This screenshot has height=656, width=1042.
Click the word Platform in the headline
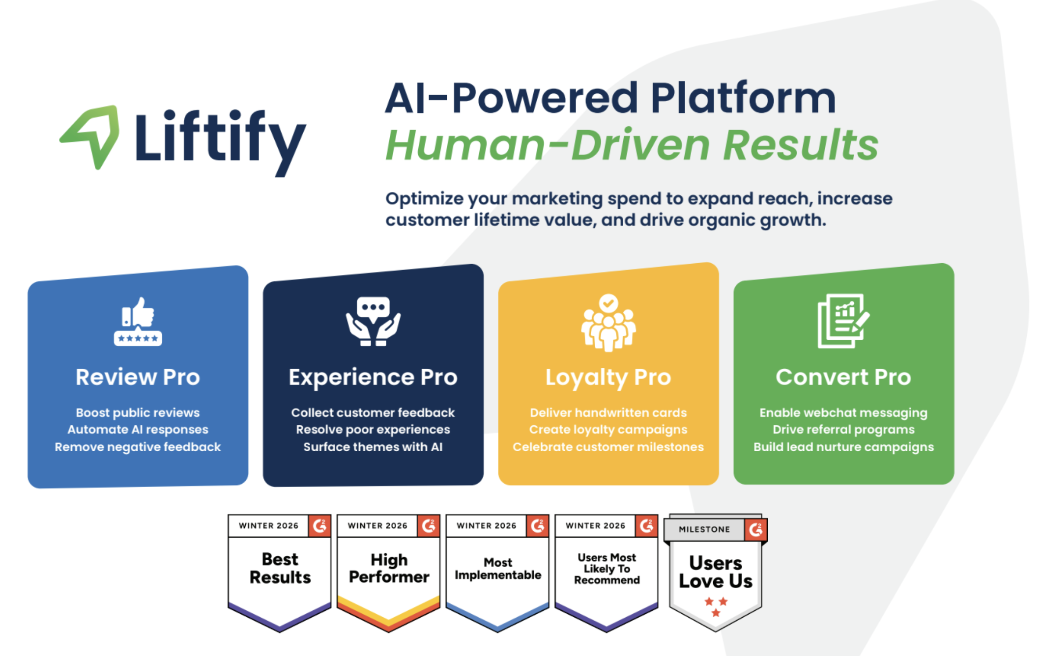pyautogui.click(x=743, y=98)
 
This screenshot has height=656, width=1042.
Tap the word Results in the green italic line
pyautogui.click(x=801, y=145)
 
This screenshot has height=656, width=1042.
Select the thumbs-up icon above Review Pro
pyautogui.click(x=138, y=322)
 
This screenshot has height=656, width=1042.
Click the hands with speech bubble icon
pyautogui.click(x=373, y=322)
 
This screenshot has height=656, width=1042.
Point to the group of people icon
pyautogui.click(x=608, y=323)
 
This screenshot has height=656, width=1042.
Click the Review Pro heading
pyautogui.click(x=138, y=377)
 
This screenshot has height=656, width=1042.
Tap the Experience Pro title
pyautogui.click(x=373, y=378)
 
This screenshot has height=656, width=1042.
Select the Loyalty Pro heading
pyautogui.click(x=608, y=378)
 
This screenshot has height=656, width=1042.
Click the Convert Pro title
pyautogui.click(x=843, y=377)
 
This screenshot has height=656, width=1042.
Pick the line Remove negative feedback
pyautogui.click(x=138, y=447)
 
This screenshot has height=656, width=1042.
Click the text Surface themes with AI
pyautogui.click(x=373, y=447)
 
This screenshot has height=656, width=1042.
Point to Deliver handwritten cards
pyautogui.click(x=608, y=412)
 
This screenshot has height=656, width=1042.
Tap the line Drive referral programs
pyautogui.click(x=843, y=430)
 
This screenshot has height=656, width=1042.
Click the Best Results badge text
pyautogui.click(x=280, y=568)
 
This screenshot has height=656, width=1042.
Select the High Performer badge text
pyautogui.click(x=389, y=568)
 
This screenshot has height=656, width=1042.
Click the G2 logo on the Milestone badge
pyautogui.click(x=755, y=529)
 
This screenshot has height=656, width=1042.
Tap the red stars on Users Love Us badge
pyautogui.click(x=716, y=607)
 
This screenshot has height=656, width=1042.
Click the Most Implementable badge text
pyautogui.click(x=498, y=569)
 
